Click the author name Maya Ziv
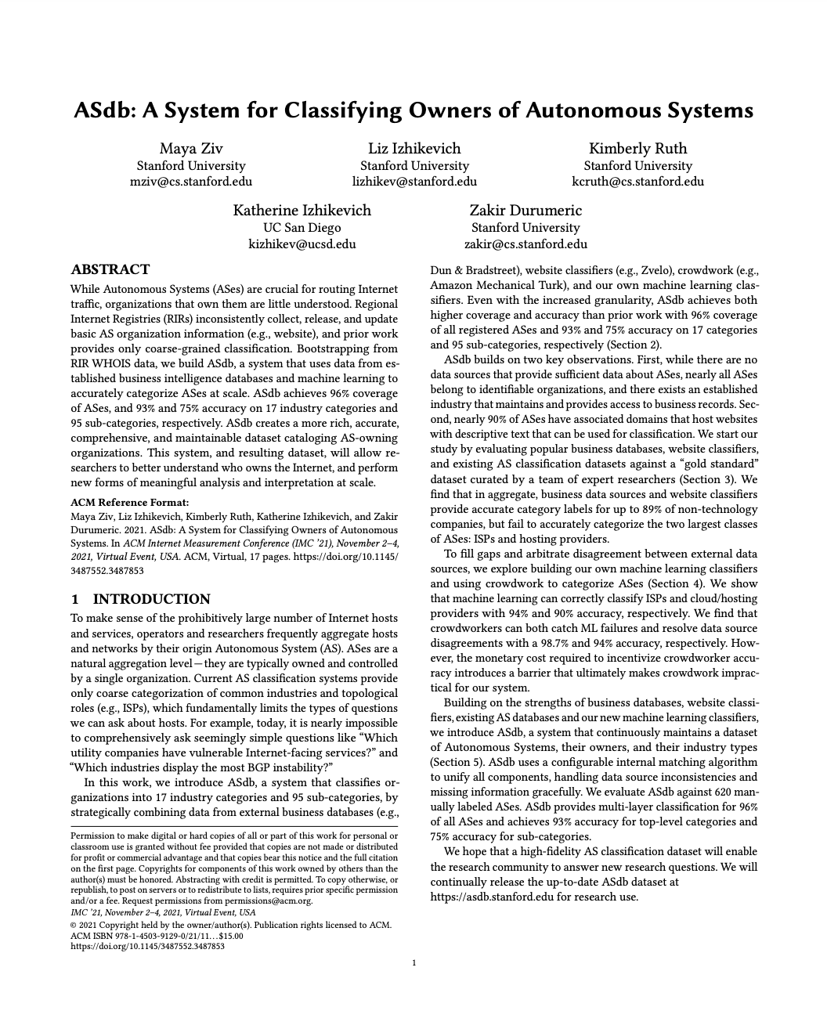pyautogui.click(x=191, y=149)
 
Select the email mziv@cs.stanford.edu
pyautogui.click(x=191, y=182)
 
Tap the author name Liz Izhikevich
pyautogui.click(x=414, y=149)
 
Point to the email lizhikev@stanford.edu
pyautogui.click(x=414, y=182)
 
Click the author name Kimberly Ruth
pyautogui.click(x=637, y=149)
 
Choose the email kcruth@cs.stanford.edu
pyautogui.click(x=637, y=182)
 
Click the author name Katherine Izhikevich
pyautogui.click(x=302, y=211)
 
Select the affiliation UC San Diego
pyautogui.click(x=302, y=228)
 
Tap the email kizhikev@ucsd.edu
pyautogui.click(x=302, y=244)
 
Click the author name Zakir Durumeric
pyautogui.click(x=525, y=211)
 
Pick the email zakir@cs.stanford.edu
pyautogui.click(x=525, y=244)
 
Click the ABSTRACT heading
pyautogui.click(x=110, y=270)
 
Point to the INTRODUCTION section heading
pyautogui.click(x=151, y=600)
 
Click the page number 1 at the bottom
pyautogui.click(x=413, y=964)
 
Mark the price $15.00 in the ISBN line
pyautogui.click(x=227, y=936)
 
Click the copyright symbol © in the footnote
pyautogui.click(x=74, y=925)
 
